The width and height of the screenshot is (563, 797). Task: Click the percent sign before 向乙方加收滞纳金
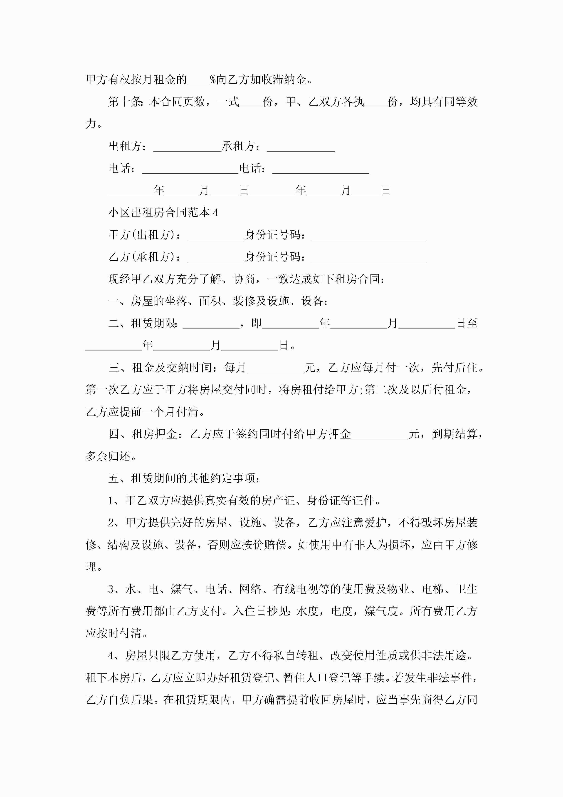(x=213, y=80)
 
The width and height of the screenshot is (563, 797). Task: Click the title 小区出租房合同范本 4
(x=163, y=212)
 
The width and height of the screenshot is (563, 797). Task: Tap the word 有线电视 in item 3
(x=295, y=589)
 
